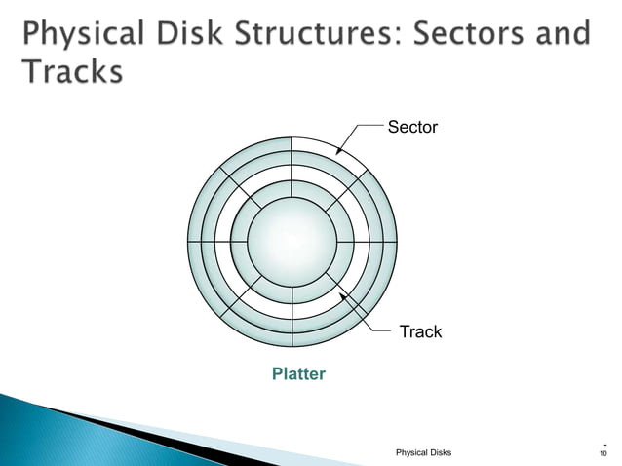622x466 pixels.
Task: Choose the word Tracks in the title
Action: click(x=71, y=73)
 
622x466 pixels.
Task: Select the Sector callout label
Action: click(x=413, y=127)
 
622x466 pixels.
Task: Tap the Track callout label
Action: click(x=420, y=332)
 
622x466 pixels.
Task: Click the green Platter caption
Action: click(x=298, y=374)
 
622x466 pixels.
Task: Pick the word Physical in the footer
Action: click(x=410, y=452)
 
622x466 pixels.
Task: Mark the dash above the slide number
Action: click(x=604, y=444)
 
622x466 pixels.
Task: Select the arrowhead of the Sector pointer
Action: click(x=337, y=154)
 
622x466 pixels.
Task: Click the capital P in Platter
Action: click(x=276, y=374)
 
